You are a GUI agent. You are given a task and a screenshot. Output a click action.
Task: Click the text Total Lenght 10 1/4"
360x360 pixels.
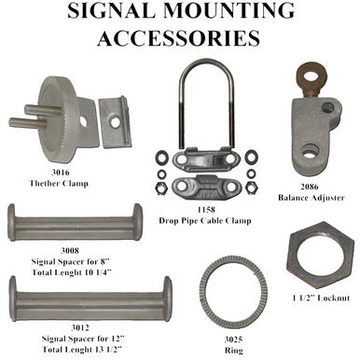click(x=56, y=270)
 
